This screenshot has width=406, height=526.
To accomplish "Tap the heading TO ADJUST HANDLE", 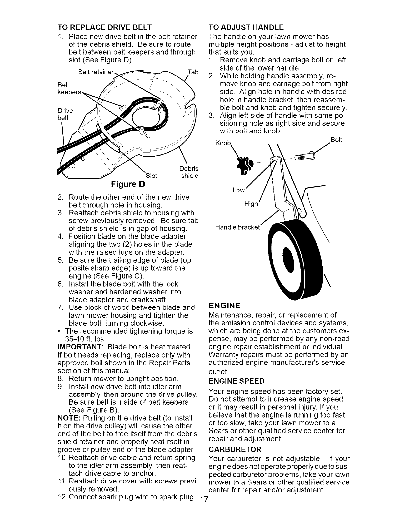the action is pos(246,27).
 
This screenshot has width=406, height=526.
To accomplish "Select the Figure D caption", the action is pos(130,183).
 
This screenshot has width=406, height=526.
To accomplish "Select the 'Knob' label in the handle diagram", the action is pos(223,143).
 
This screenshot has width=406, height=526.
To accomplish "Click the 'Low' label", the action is pos(238,190).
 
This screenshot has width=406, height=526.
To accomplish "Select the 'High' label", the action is pos(251,204).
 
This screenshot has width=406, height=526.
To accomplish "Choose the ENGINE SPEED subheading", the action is pos(236,381).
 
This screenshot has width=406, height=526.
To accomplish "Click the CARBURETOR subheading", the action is pos(235,450).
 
